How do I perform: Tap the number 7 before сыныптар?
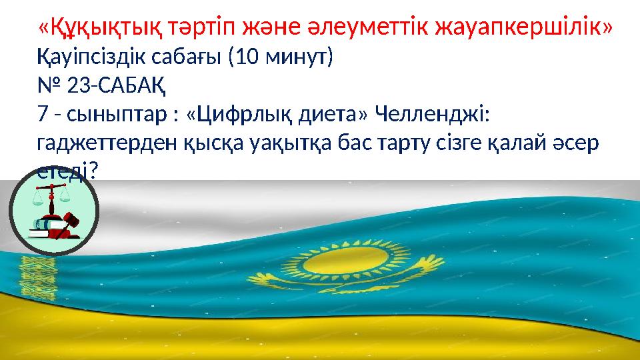pos(43,115)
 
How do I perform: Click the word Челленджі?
pos(432,115)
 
